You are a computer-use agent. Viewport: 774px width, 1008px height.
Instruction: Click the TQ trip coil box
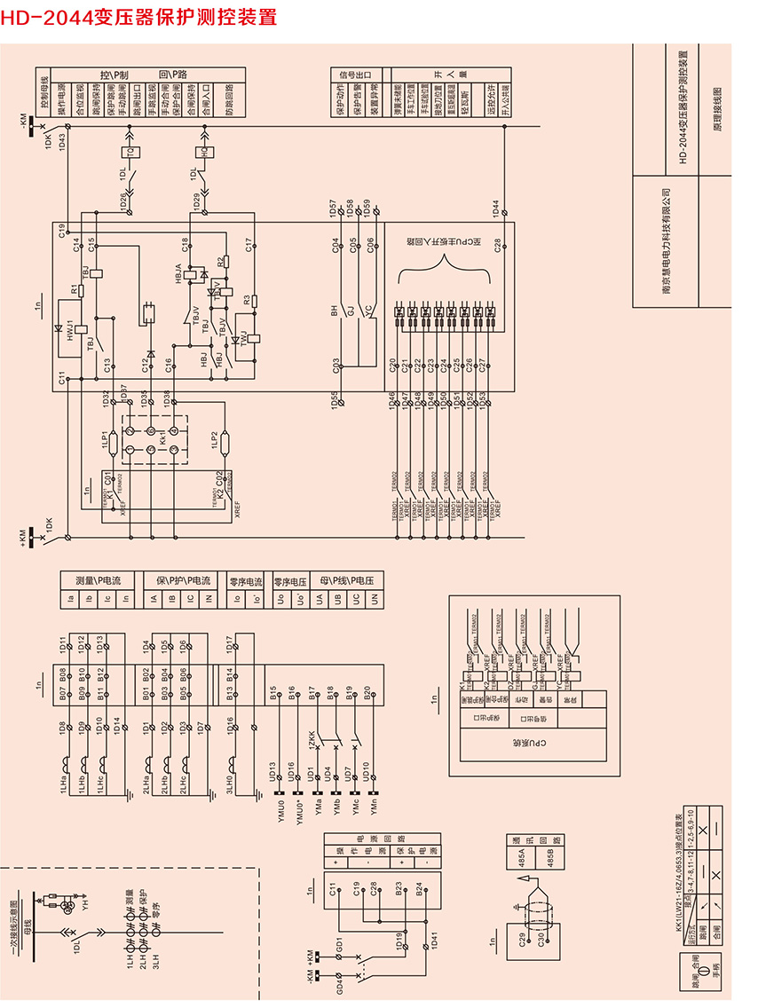(132, 152)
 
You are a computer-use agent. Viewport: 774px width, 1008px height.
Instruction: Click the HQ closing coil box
(206, 152)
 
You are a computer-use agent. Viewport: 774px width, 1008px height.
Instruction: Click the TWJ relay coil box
(255, 338)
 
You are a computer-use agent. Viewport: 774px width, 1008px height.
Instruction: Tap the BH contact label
(335, 311)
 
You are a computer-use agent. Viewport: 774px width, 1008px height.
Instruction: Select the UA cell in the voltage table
(320, 600)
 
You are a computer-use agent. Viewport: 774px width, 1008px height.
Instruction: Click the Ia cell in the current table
(70, 600)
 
